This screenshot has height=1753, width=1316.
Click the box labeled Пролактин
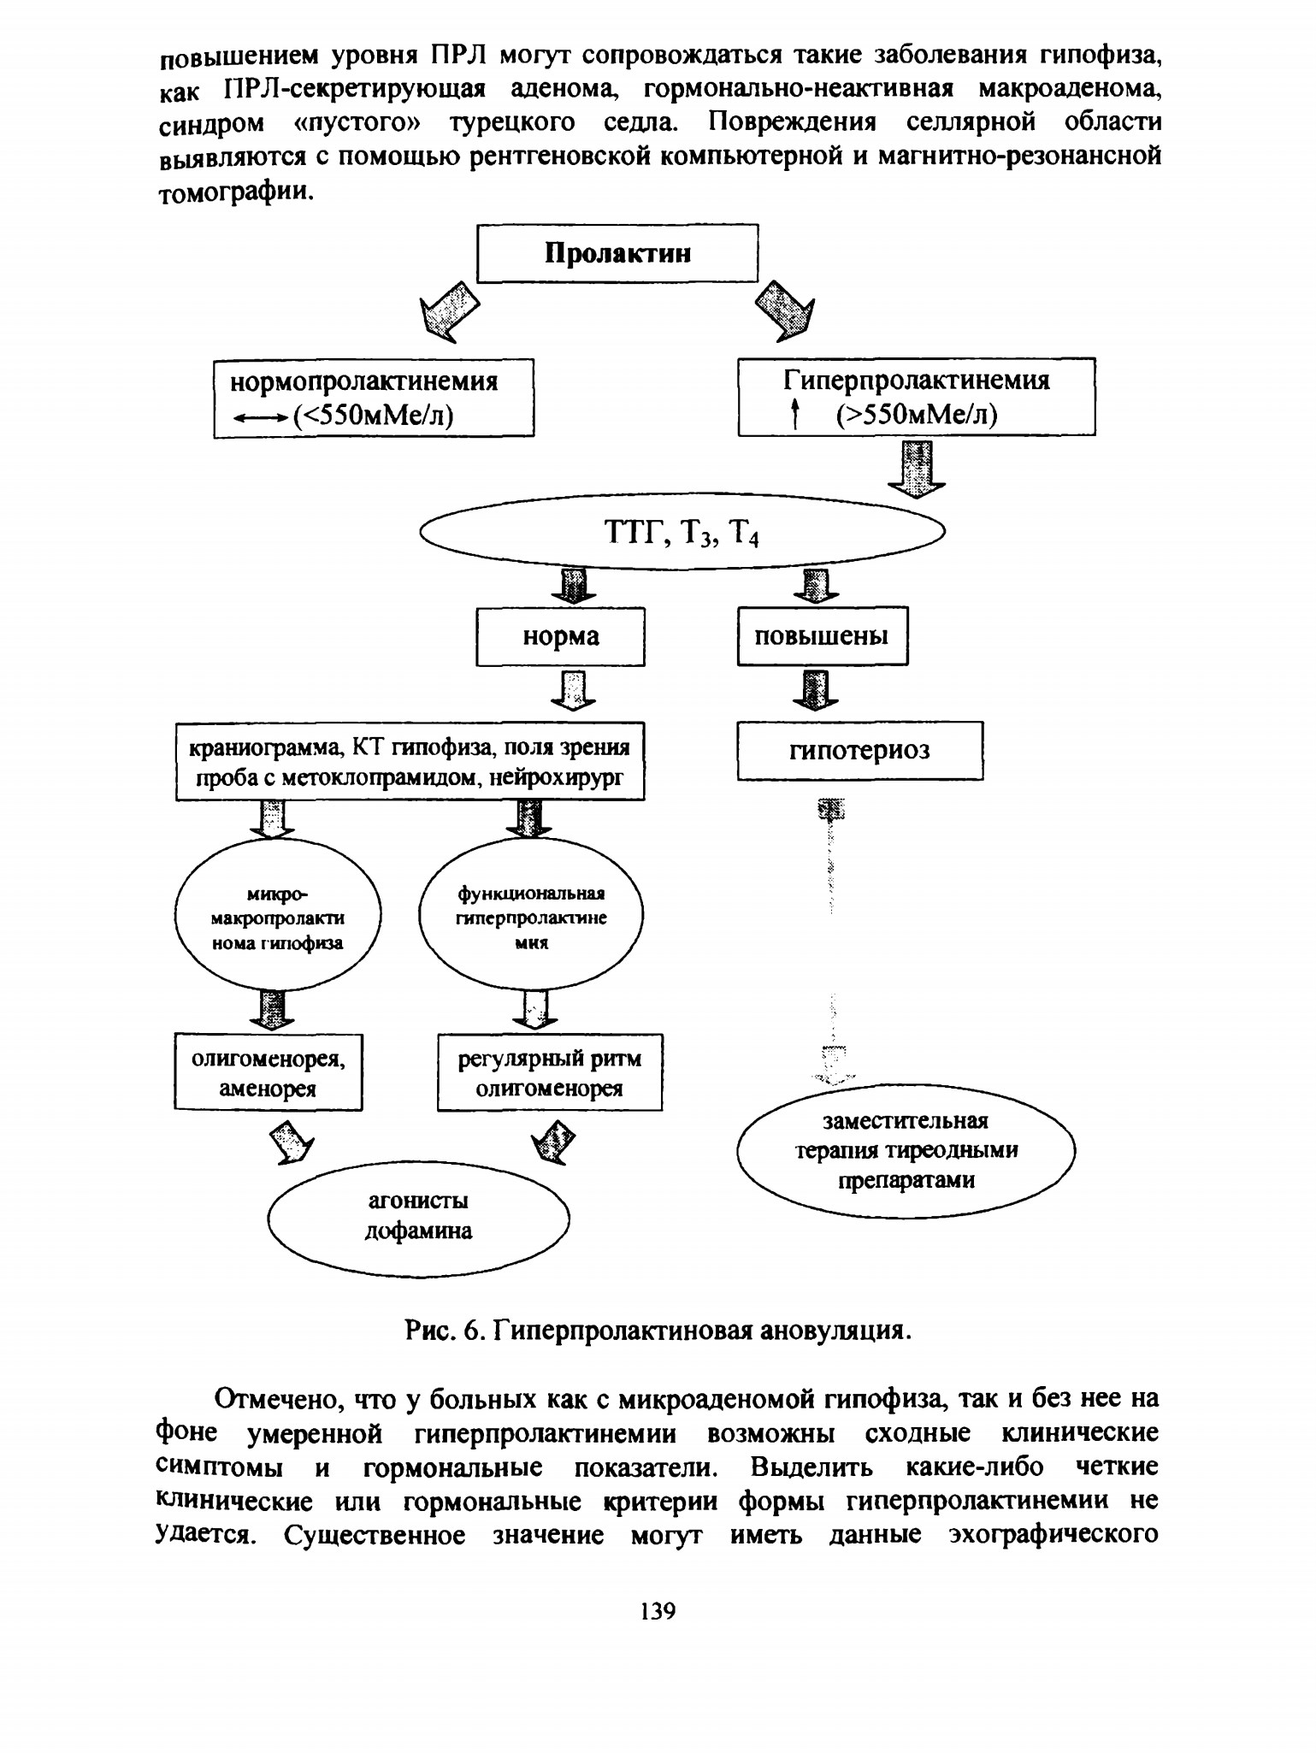[x=617, y=253]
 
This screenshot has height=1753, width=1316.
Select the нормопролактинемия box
[x=374, y=398]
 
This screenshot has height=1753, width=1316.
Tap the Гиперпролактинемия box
[x=917, y=397]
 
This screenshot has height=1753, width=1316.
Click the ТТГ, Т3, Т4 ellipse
[x=682, y=532]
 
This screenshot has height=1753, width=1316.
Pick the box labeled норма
[x=560, y=636]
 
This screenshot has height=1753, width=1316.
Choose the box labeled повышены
[x=823, y=635]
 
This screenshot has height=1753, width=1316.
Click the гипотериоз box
[x=860, y=750]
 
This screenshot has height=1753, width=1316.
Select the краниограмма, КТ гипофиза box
[x=410, y=761]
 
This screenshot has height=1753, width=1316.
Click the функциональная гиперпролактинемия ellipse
[x=531, y=917]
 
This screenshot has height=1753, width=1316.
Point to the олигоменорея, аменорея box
[x=269, y=1072]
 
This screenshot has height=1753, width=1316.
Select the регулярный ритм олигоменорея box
[x=550, y=1072]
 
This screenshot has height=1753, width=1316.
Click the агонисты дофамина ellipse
[x=418, y=1217]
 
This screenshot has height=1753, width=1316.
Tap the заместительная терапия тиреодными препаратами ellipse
[x=906, y=1151]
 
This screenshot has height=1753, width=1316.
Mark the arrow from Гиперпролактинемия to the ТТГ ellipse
[x=918, y=468]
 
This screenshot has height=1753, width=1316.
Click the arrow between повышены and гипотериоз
[x=817, y=689]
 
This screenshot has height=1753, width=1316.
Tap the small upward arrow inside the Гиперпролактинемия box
[x=795, y=415]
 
